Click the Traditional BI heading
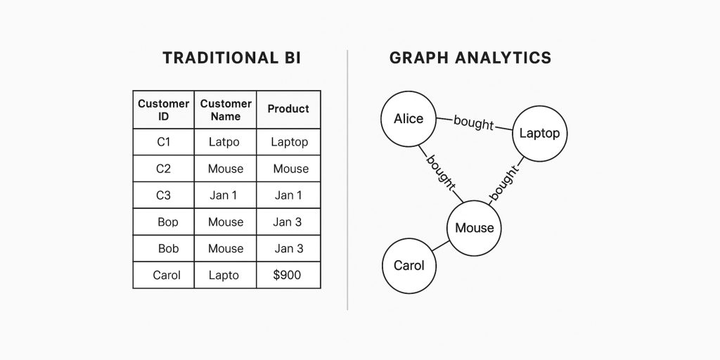coord(231,58)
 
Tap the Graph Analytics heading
coord(470,58)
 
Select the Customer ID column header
coord(163,110)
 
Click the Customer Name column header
coord(226,110)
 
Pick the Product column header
coord(288,109)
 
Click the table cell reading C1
coord(163,142)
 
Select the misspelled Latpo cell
coord(225,142)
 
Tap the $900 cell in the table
coord(287,275)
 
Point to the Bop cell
coord(168,222)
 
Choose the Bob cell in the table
coord(168,249)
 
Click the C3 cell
coord(163,195)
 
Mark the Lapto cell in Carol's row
coord(224,275)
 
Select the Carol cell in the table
coord(167,275)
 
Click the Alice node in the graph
coord(409,119)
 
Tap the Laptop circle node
coord(539,133)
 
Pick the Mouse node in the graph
coord(475,228)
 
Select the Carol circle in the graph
coord(409,266)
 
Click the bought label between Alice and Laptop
coord(474,123)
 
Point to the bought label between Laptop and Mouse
coord(504,183)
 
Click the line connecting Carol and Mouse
coord(441,247)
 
